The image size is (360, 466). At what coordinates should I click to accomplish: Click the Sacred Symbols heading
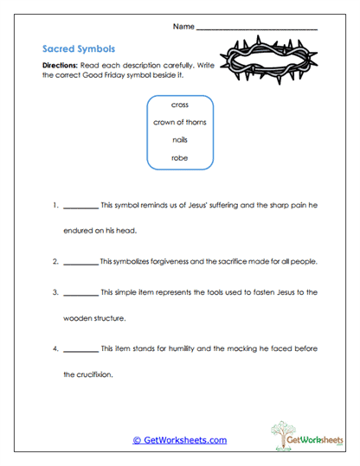pyautogui.click(x=78, y=49)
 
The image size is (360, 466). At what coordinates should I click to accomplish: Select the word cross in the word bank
pyautogui.click(x=180, y=105)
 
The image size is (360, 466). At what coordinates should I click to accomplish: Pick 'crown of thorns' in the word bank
pyautogui.click(x=180, y=122)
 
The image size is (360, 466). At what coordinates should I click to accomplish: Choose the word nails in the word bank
pyautogui.click(x=180, y=140)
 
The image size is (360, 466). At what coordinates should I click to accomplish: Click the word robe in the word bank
pyautogui.click(x=180, y=158)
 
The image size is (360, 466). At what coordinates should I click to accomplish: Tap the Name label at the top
pyautogui.click(x=183, y=27)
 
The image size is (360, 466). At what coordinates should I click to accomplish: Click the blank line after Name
pyautogui.click(x=257, y=29)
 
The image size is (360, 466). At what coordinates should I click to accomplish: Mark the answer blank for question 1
pyautogui.click(x=80, y=207)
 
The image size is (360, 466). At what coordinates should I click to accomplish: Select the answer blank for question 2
pyautogui.click(x=80, y=262)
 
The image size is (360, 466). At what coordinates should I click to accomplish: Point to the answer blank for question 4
pyautogui.click(x=80, y=349)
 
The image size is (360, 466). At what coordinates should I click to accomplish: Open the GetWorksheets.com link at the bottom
pyautogui.click(x=180, y=440)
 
